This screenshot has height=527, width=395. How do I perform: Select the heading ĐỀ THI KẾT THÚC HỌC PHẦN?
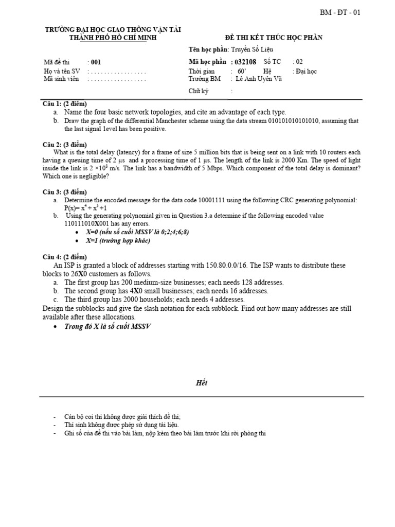[x=274, y=38]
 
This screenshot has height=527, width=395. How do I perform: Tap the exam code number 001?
[x=96, y=62]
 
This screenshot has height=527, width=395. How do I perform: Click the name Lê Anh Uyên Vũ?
[x=259, y=79]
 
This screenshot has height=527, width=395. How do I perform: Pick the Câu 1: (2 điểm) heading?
[x=65, y=104]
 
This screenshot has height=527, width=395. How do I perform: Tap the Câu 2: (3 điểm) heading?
[x=65, y=145]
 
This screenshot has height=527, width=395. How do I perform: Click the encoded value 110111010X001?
[x=89, y=224]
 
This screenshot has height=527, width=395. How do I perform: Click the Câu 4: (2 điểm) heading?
[x=65, y=257]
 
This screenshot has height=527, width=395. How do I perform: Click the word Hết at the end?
[x=201, y=383]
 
